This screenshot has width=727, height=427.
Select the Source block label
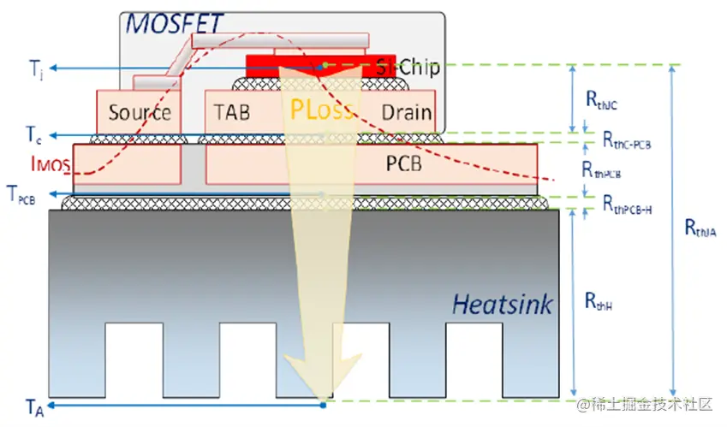(x=140, y=112)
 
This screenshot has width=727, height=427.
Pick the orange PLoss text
(x=321, y=110)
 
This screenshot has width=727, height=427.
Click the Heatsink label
(x=503, y=303)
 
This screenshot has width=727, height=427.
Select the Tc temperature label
(x=32, y=135)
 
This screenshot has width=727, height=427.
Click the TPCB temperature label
(x=22, y=193)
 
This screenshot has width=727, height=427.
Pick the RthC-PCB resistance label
(x=627, y=140)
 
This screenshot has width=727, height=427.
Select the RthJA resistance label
(x=700, y=228)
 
